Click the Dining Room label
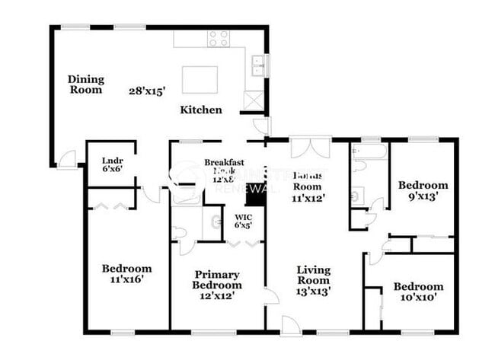click(x=86, y=84)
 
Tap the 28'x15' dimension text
click(x=146, y=91)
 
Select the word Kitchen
click(x=201, y=110)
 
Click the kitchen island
click(x=200, y=79)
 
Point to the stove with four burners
click(x=219, y=38)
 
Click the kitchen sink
click(x=257, y=65)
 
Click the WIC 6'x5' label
click(x=243, y=221)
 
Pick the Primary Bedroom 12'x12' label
click(x=217, y=285)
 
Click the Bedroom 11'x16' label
click(x=127, y=273)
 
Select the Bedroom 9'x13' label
click(x=423, y=190)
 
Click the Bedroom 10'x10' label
click(x=418, y=292)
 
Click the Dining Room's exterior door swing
click(x=67, y=160)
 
